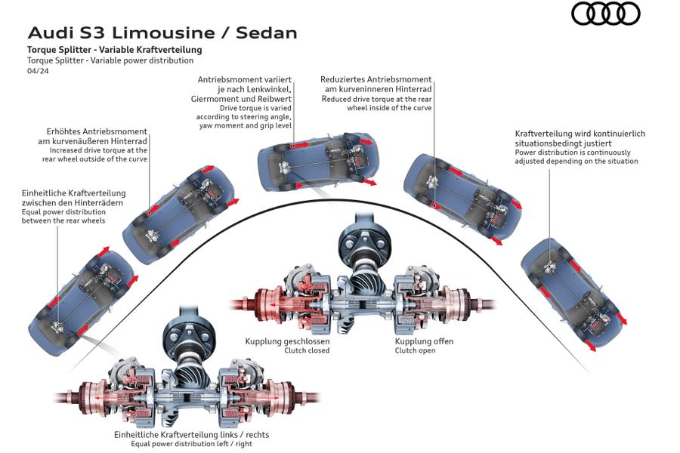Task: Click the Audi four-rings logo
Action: (x=605, y=14)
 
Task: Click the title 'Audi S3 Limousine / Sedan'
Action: (x=162, y=33)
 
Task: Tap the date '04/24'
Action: (x=36, y=70)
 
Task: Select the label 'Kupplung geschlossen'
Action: (x=287, y=341)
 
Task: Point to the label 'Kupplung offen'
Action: (x=424, y=341)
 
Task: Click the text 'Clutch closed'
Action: (x=307, y=350)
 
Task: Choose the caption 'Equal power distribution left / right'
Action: (x=191, y=444)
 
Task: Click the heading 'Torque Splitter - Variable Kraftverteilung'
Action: (x=114, y=50)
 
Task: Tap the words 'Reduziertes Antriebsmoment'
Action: (x=376, y=79)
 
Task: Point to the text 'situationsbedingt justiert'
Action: (x=563, y=143)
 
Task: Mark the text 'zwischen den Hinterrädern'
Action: (x=73, y=203)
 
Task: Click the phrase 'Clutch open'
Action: (x=415, y=350)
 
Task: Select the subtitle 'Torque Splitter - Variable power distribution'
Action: (x=110, y=60)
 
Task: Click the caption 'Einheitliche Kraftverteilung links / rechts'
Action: (x=191, y=434)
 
